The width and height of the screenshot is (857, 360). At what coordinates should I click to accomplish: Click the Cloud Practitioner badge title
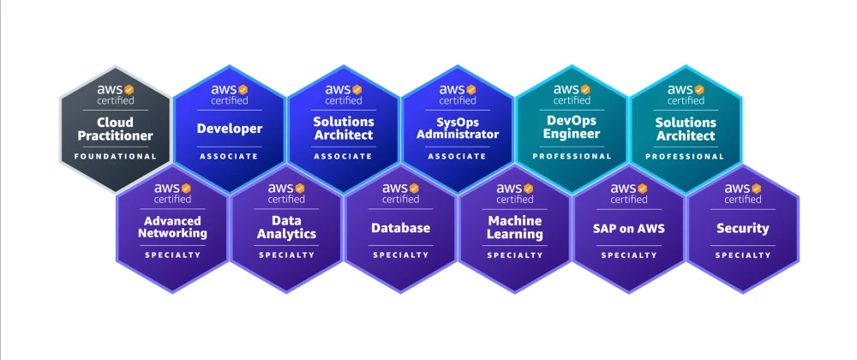point(116,129)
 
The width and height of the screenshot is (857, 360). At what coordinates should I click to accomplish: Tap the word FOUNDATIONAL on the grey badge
point(116,156)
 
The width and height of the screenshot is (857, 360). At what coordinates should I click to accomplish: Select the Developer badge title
point(230,129)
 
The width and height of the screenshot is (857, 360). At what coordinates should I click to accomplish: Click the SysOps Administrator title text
point(458,128)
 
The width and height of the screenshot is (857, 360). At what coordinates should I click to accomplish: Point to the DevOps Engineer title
point(572,127)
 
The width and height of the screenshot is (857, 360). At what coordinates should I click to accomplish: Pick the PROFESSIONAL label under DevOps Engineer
point(572,156)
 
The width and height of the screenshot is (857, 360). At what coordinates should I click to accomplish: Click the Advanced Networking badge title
point(172,227)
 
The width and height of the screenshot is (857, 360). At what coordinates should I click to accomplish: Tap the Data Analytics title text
point(286,227)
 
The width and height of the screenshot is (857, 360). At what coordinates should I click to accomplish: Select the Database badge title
point(400,228)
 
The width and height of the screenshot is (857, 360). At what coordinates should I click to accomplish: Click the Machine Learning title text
point(515,227)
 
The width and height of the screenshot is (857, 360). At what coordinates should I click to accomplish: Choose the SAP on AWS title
point(629,228)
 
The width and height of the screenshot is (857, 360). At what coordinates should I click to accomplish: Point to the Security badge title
point(743,228)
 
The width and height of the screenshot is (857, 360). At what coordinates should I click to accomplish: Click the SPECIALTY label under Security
point(743,255)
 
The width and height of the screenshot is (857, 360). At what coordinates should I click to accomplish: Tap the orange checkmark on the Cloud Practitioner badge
point(129,90)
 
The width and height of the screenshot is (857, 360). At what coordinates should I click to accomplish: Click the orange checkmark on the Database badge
point(414,188)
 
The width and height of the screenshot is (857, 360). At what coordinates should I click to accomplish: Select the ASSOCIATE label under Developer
point(230,156)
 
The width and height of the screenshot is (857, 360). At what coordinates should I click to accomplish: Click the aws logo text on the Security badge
point(736,189)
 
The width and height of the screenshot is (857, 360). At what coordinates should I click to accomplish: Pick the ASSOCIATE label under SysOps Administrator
point(458,156)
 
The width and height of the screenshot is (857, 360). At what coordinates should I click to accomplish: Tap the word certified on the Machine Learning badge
point(515,200)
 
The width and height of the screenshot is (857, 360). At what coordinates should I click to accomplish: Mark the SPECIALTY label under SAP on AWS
point(629,255)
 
